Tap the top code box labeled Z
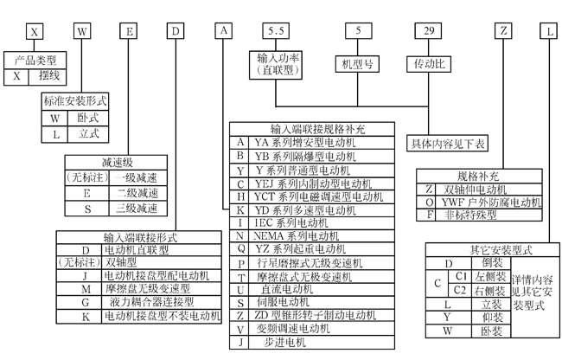(x=504, y=30)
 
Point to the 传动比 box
(x=429, y=63)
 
